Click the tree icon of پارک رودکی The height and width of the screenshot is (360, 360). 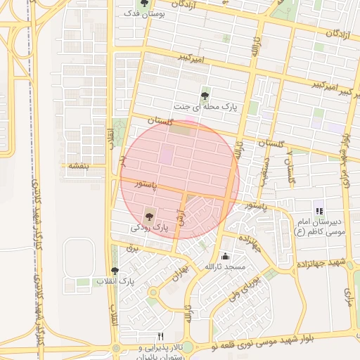[x=148, y=215]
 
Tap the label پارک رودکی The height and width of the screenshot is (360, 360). [x=150, y=228]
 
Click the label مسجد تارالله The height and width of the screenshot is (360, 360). [x=224, y=267]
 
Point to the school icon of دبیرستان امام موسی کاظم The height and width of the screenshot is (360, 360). [x=319, y=210]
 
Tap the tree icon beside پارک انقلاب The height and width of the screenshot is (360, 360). [x=115, y=271]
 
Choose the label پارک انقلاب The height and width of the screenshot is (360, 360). [x=116, y=282]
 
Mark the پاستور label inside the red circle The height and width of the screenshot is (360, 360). [x=150, y=184]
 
